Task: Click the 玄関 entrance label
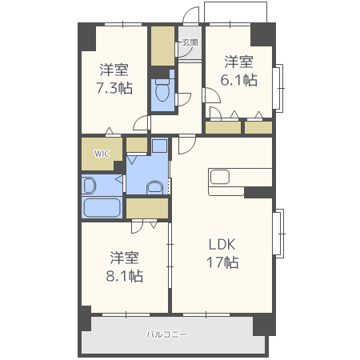[x=190, y=42]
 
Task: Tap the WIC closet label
[x=102, y=154]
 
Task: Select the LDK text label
[x=222, y=244]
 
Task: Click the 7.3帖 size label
[x=114, y=88]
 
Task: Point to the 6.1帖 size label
[x=239, y=80]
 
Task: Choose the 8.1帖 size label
[x=125, y=276]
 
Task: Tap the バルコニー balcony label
[x=166, y=334]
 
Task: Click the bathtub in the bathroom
[x=102, y=207]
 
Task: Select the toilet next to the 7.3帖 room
[x=162, y=90]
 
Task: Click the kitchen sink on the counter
[x=220, y=177]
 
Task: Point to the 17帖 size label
[x=222, y=262]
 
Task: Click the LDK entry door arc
[x=186, y=145]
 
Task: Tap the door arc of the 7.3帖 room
[x=141, y=122]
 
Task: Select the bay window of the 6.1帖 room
[x=278, y=88]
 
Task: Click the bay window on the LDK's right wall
[x=278, y=234]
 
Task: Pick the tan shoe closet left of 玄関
[x=162, y=46]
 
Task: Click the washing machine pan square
[x=159, y=146]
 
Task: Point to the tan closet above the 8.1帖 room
[x=147, y=208]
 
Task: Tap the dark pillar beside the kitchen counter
[x=258, y=192]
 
